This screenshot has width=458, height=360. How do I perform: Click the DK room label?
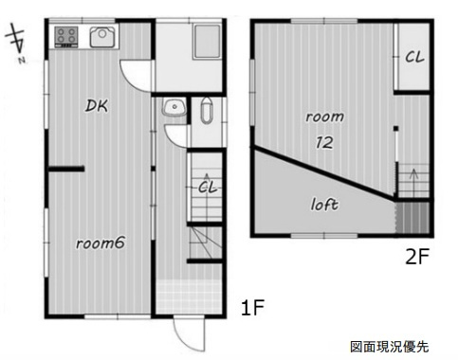(x=97, y=106)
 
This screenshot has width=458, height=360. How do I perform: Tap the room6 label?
(x=101, y=243)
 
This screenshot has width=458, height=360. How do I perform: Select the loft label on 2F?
(x=324, y=205)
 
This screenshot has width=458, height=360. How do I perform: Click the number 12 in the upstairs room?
(x=324, y=143)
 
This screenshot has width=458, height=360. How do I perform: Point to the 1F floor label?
(x=252, y=308)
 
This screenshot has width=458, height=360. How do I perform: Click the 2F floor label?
(x=417, y=257)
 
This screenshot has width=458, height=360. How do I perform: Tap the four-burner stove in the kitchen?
(x=66, y=37)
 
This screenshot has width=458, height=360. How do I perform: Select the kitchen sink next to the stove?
(x=101, y=37)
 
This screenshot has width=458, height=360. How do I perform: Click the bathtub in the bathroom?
(x=207, y=42)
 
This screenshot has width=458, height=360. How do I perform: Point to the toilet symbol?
(x=207, y=111)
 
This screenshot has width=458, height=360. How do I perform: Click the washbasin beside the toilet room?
(x=174, y=107)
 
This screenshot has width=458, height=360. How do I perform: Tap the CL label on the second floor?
(x=414, y=57)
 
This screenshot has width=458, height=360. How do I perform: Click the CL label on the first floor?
(x=208, y=188)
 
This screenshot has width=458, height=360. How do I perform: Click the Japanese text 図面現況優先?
(x=390, y=347)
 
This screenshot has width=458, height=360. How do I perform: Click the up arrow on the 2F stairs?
(x=413, y=179)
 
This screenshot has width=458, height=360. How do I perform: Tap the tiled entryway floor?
(x=189, y=296)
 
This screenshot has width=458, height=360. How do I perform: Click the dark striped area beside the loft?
(x=412, y=218)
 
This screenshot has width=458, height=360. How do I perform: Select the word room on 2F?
(x=324, y=117)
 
